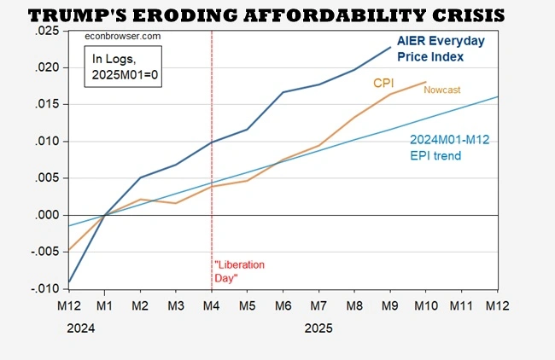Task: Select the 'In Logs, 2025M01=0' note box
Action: (120, 67)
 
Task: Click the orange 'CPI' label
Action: (384, 82)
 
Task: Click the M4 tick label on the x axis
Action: (212, 305)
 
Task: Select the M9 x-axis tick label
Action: (390, 305)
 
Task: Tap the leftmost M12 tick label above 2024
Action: (69, 305)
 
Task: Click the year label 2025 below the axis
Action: (318, 327)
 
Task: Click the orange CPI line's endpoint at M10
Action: (426, 82)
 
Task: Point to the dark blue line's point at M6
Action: (283, 92)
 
